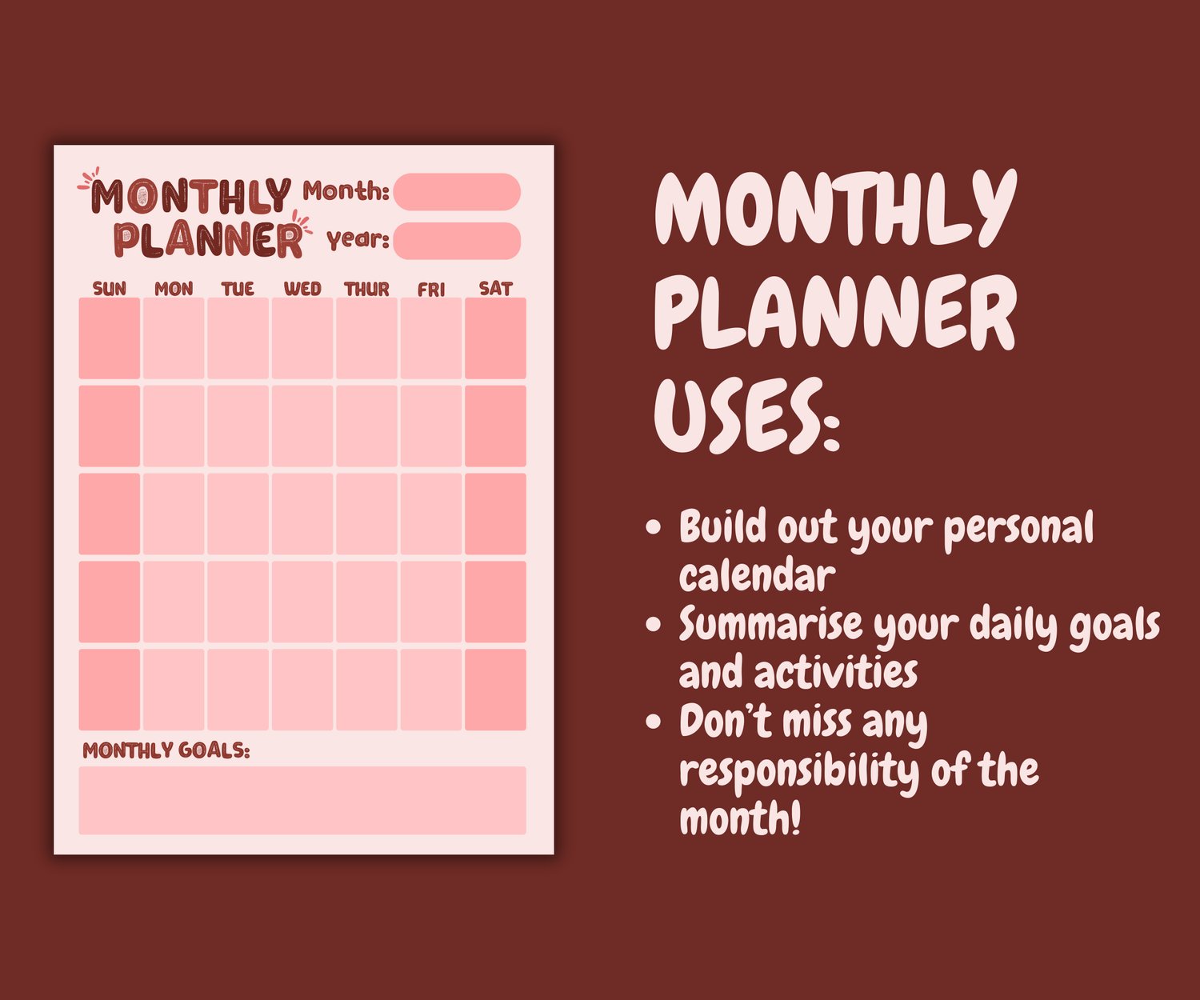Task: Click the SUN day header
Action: click(x=109, y=289)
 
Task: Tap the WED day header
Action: click(x=302, y=289)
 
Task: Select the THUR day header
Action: click(x=366, y=289)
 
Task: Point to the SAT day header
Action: click(x=495, y=289)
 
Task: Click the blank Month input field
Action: click(x=457, y=191)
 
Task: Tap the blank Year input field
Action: click(x=457, y=241)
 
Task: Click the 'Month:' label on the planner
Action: click(x=346, y=191)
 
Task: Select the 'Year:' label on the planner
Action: click(x=358, y=240)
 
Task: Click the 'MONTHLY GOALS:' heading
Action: click(x=166, y=750)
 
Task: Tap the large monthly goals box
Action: click(x=302, y=800)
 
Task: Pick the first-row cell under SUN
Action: click(x=109, y=338)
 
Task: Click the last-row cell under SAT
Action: click(x=495, y=690)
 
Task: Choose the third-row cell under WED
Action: click(x=302, y=514)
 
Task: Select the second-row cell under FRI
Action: click(x=431, y=426)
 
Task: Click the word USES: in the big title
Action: click(x=746, y=415)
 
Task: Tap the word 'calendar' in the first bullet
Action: click(x=757, y=574)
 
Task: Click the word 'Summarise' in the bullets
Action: click(x=770, y=622)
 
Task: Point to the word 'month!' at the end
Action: click(x=740, y=818)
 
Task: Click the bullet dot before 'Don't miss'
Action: click(x=653, y=721)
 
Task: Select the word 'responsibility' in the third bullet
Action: click(x=799, y=771)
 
